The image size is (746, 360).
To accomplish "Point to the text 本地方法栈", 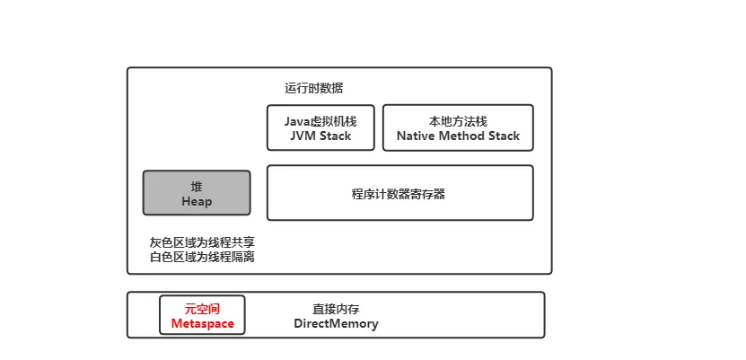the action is (458, 121).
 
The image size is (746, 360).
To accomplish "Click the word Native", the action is (417, 136).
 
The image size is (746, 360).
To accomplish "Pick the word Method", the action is (461, 136).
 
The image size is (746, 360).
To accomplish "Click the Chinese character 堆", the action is (197, 186).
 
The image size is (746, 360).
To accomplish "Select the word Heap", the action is (197, 201).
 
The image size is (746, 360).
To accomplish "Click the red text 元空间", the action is (202, 308).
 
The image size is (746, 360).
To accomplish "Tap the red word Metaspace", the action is (202, 323).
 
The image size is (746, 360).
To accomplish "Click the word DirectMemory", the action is (336, 323).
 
